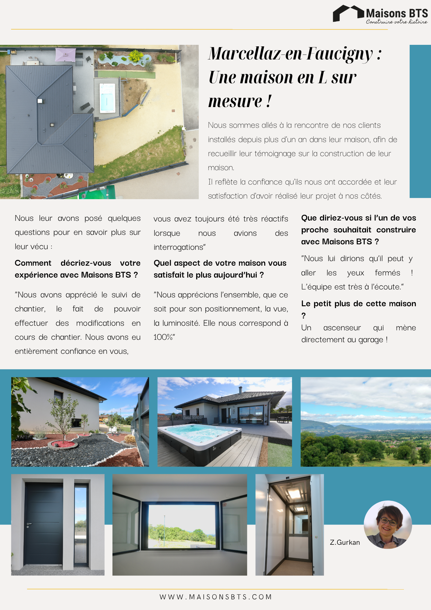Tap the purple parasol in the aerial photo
pos(65,54)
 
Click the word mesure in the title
pos(235,101)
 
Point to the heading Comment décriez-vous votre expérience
pos(77,269)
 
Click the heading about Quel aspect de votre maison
pos(220,269)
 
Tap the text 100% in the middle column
pos(163,337)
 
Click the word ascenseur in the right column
pos(342,328)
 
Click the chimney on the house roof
pos(240,390)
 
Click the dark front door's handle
pos(28,525)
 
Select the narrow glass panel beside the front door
pos(81,525)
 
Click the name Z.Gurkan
pos(345,542)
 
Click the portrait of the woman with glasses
pos(388,525)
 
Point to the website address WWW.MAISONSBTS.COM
pos(215,597)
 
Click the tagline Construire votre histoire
pos(397,22)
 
